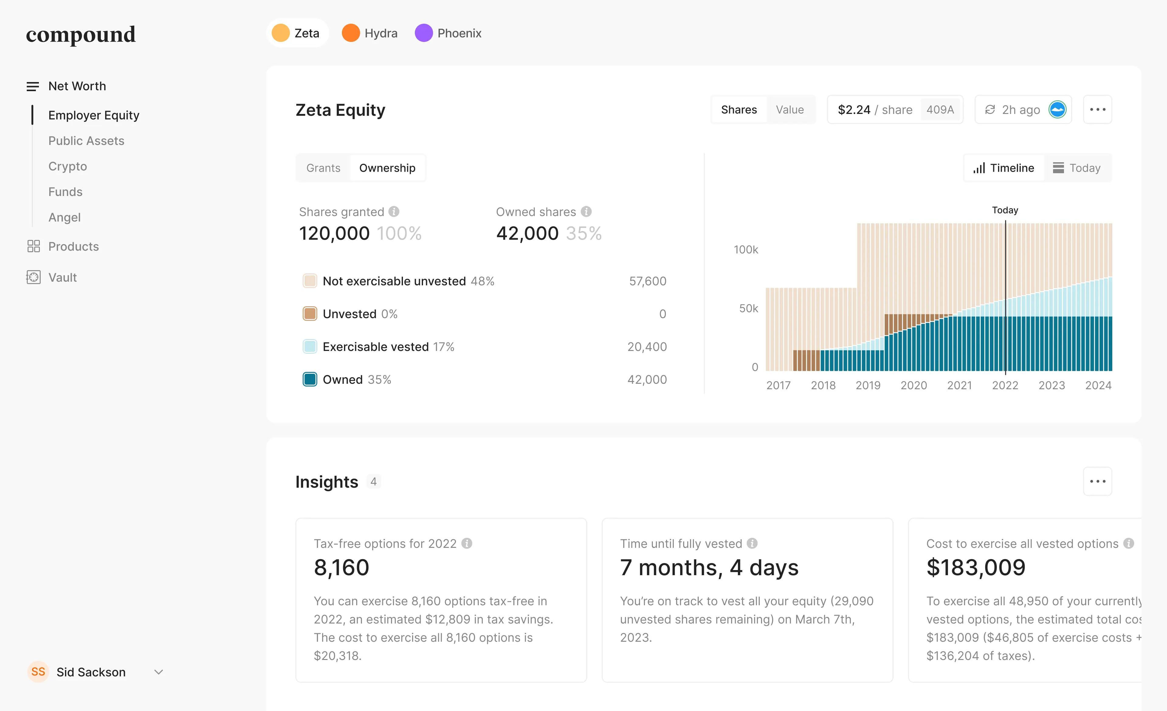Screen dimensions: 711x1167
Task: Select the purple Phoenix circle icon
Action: (x=423, y=33)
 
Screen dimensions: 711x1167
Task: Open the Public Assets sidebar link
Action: (x=86, y=141)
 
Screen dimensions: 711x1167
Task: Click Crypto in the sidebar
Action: (x=68, y=166)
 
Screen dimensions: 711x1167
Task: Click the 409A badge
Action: (x=940, y=110)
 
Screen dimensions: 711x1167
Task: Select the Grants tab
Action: (x=323, y=168)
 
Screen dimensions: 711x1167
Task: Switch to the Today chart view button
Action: (x=1076, y=168)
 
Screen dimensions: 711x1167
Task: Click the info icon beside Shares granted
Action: (x=394, y=211)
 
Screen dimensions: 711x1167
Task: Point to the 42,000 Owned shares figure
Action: (x=527, y=233)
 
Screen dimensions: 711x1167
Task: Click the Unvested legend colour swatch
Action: (x=310, y=314)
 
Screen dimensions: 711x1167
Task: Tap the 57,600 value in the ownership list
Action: (x=647, y=281)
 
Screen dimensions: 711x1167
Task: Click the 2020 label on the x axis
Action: (x=913, y=385)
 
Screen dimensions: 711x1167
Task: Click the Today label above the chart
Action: (x=1004, y=210)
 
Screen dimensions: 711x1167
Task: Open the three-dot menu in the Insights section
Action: (x=1097, y=481)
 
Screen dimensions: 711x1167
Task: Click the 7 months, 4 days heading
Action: (x=709, y=568)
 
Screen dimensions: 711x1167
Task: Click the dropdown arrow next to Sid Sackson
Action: (x=159, y=672)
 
